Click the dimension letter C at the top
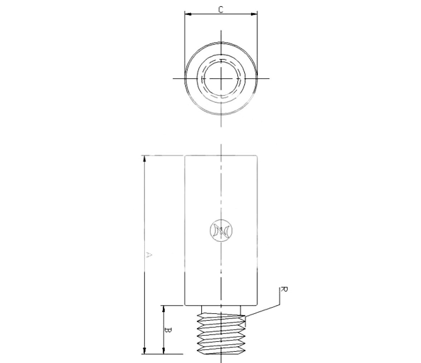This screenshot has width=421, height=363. coord(221,10)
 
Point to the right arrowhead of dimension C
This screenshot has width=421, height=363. coord(254,14)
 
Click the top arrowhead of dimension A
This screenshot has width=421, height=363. coord(145,159)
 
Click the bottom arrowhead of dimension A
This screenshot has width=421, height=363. coord(145,350)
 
